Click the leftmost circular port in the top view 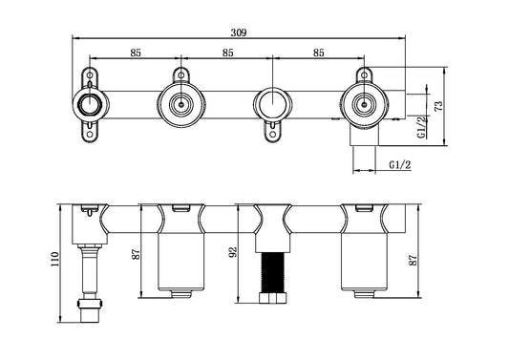[90, 104]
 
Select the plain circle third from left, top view [271, 103]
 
